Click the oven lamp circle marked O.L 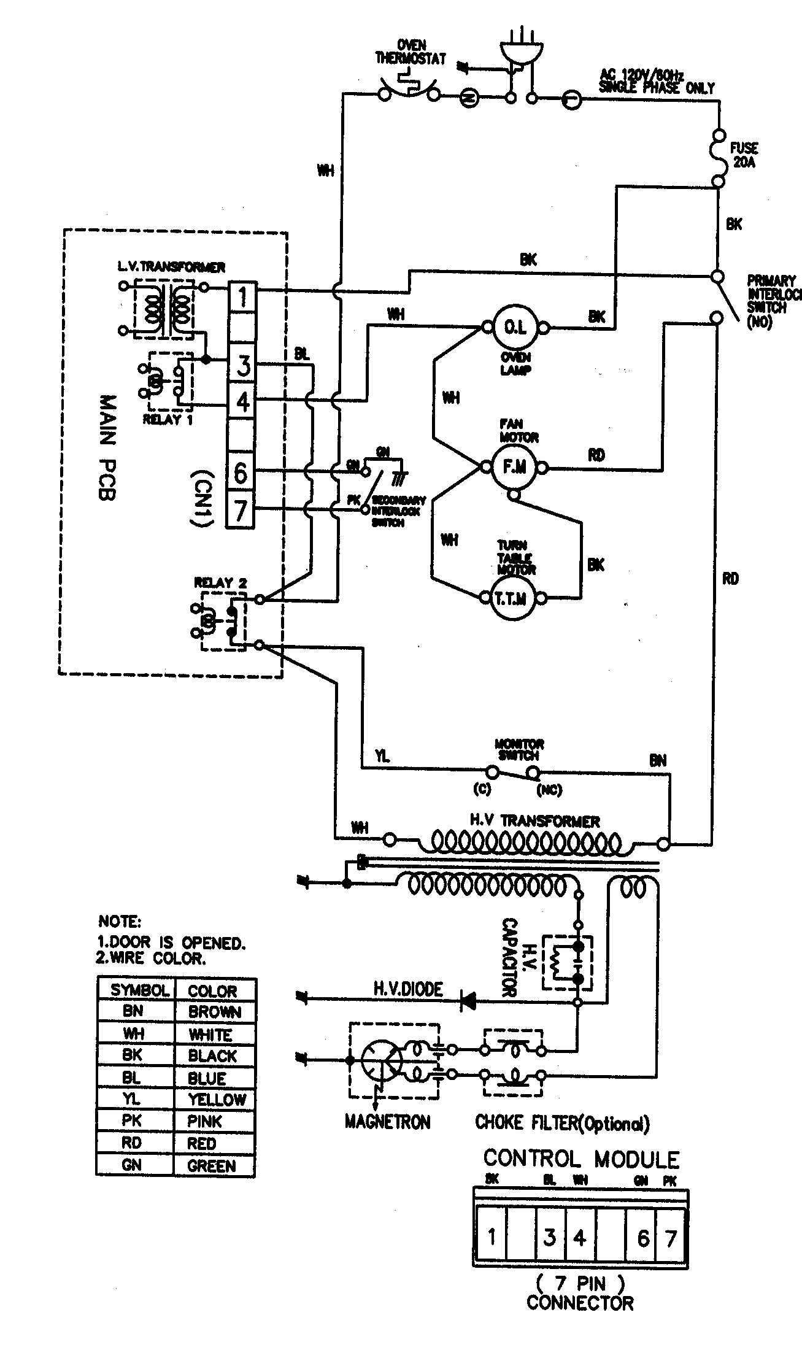514,328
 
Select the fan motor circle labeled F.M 514,468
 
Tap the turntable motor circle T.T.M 514,599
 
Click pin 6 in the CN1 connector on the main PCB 241,472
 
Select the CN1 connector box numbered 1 242,298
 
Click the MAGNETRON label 387,1122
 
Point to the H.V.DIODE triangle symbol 469,1002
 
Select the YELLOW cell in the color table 216,1099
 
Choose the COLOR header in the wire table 212,990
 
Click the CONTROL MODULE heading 580,1159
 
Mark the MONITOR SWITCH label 519,749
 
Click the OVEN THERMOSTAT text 411,53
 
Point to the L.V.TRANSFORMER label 171,267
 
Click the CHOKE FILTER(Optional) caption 561,1123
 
